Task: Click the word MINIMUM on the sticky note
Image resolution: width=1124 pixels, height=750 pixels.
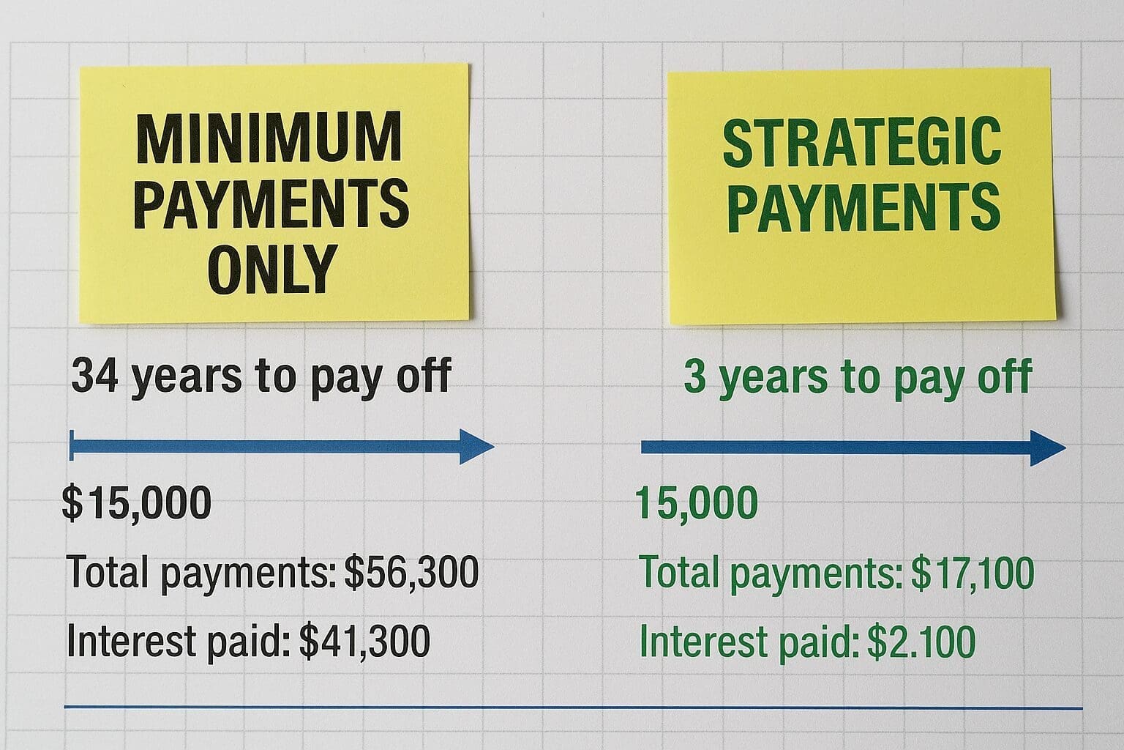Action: click(269, 139)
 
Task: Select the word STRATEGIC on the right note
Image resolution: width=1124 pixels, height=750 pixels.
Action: click(861, 142)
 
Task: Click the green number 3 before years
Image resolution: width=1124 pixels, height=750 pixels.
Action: click(694, 376)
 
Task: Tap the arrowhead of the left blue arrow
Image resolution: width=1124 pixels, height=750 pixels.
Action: click(477, 447)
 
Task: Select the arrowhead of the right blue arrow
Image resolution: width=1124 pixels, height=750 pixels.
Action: click(1048, 448)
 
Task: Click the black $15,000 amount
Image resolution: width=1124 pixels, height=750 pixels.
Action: click(137, 504)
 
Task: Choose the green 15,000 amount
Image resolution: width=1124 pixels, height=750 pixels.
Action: click(696, 504)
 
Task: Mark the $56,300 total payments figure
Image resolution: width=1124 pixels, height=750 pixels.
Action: click(411, 572)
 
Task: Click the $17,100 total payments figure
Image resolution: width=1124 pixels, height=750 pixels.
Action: click(973, 572)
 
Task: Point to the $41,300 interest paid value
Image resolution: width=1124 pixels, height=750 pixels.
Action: click(364, 642)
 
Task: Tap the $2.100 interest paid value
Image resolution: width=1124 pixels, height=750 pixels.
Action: click(921, 642)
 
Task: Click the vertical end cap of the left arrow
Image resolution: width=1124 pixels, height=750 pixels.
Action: click(71, 446)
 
